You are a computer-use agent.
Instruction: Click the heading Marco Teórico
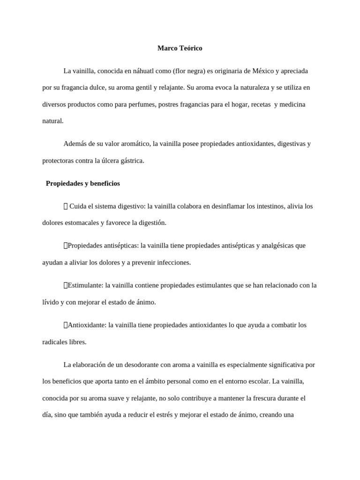pos(180,48)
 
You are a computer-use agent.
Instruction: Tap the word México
pos(262,71)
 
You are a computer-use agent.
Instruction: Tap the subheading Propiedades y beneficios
pos(82,183)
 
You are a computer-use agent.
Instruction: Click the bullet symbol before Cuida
pos(66,206)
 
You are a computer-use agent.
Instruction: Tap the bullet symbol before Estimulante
pos(66,285)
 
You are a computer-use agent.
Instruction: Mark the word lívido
pos(51,302)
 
